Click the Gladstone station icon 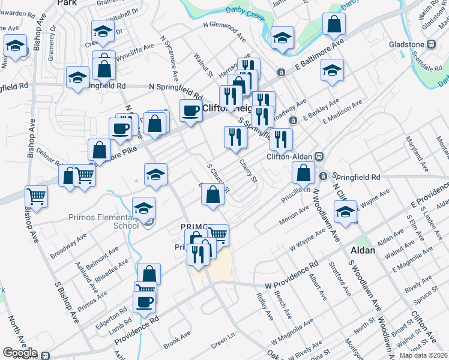pyautogui.click(x=430, y=44)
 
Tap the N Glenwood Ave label pyautogui.click(x=224, y=32)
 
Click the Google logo pyautogui.click(x=20, y=353)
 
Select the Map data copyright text pyautogui.click(x=423, y=355)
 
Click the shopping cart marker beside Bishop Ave pyautogui.click(x=37, y=196)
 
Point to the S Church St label pyautogui.click(x=218, y=178)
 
